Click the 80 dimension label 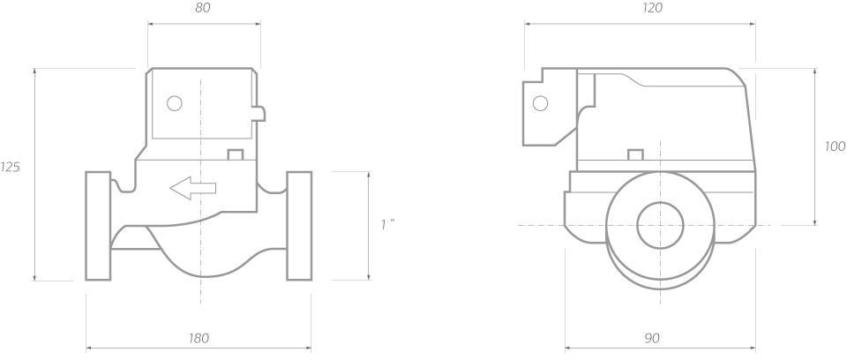pos(203,8)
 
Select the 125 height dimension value pos(10,168)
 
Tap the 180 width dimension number pos(199,339)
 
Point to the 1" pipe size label pos(387,224)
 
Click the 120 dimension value pos(653,8)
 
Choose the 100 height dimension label pos(836,146)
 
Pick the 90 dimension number pos(652,339)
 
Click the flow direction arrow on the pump pos(193,188)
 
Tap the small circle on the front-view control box pos(175,103)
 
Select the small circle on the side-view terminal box pos(540,103)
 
